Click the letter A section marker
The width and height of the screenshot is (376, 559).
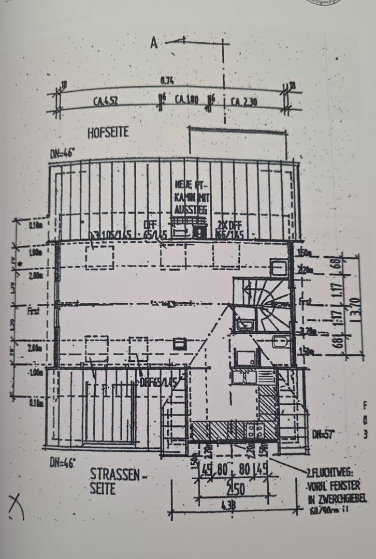coord(154,43)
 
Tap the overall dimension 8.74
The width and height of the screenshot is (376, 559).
coord(166,81)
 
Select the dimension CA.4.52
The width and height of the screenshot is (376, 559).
coord(105,101)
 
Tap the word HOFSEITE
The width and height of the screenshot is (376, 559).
coord(108,133)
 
